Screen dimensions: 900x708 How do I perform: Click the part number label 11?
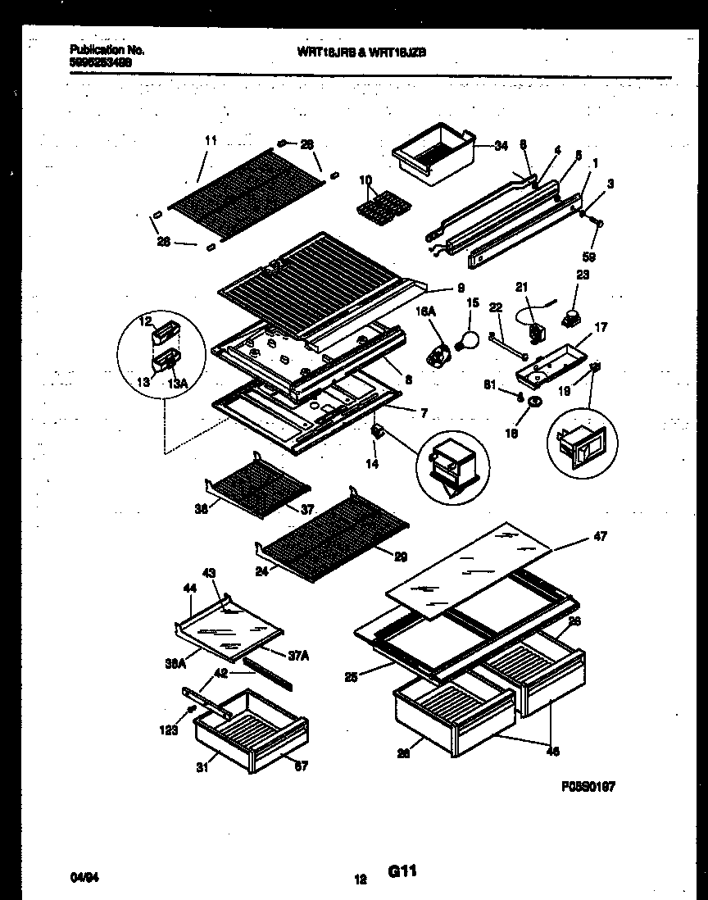[x=211, y=141]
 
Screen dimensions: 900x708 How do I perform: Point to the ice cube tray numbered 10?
[x=379, y=205]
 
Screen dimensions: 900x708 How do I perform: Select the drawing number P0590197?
[x=588, y=786]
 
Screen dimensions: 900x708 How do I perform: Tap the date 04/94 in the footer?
[x=80, y=879]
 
